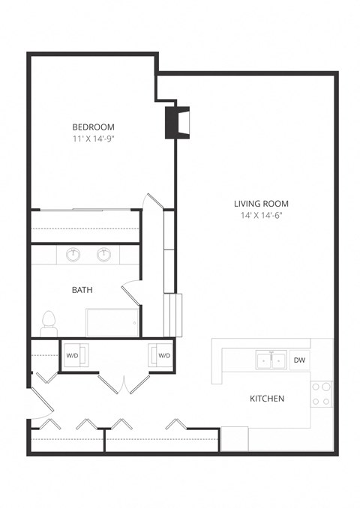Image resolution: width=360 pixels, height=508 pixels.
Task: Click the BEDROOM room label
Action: point(93,127)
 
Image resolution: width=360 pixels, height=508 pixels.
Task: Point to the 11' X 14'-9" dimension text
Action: point(93,139)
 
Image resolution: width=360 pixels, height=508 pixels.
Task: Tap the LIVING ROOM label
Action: point(261,203)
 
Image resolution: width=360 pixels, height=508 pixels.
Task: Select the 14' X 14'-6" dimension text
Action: point(261,215)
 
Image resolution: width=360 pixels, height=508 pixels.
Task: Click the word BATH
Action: point(82,289)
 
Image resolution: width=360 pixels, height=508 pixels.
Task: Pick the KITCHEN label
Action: point(266,399)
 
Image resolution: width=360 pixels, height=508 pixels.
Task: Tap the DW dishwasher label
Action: point(298,360)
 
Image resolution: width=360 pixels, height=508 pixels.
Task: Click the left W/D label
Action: point(72,355)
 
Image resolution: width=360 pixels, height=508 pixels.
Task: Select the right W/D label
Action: point(163,355)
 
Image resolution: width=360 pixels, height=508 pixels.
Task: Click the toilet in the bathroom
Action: point(49,322)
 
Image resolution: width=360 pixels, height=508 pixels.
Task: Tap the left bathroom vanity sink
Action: point(73,255)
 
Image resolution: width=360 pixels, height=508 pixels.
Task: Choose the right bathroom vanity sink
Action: point(104,255)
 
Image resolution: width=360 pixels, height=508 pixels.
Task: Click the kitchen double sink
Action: point(269,360)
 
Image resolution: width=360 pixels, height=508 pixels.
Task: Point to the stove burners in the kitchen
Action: point(321,394)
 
